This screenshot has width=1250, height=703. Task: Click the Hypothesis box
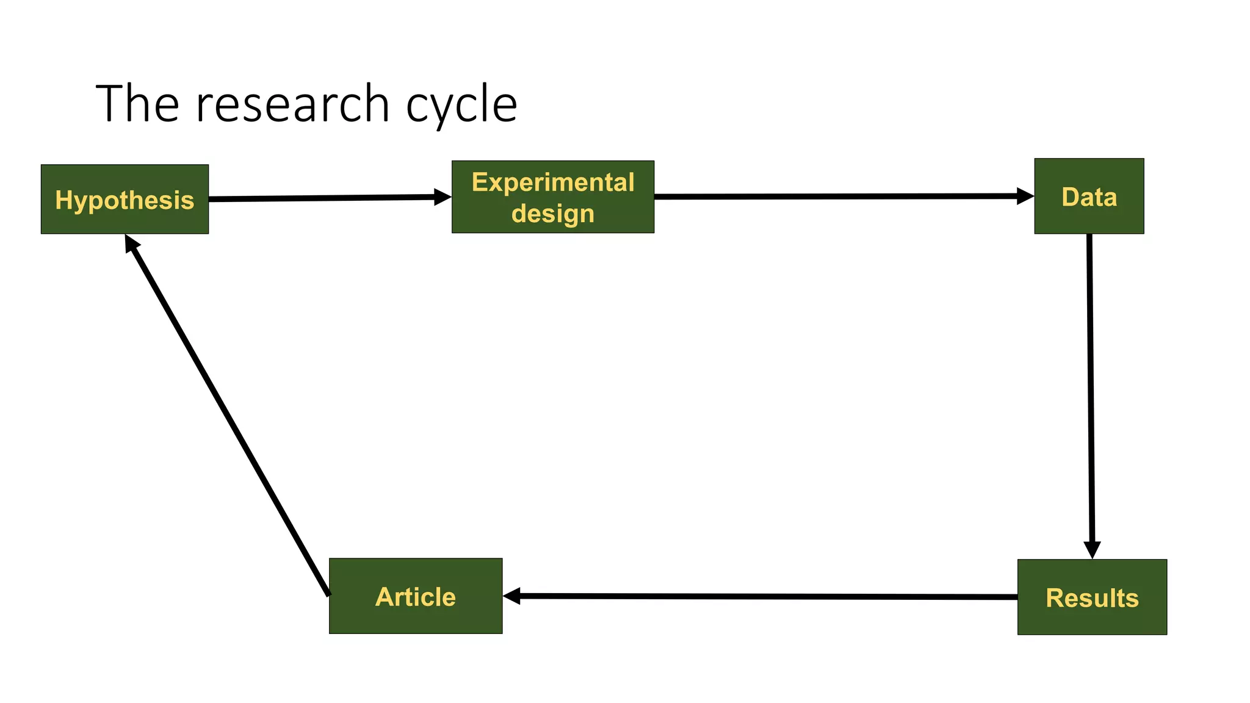pyautogui.click(x=125, y=199)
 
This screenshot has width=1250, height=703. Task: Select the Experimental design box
pyautogui.click(x=552, y=196)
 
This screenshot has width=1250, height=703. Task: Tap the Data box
pyautogui.click(x=1089, y=196)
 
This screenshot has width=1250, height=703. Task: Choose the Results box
pyautogui.click(x=1092, y=597)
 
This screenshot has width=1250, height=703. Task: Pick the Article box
pyautogui.click(x=415, y=596)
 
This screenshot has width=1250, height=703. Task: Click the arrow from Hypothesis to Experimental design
pyautogui.click(x=323, y=198)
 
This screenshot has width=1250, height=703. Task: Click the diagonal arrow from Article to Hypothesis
pyautogui.click(x=227, y=415)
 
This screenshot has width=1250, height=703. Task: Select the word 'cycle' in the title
pyautogui.click(x=461, y=105)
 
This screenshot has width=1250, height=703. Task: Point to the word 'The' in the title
pyautogui.click(x=137, y=104)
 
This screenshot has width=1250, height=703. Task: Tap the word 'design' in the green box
pyautogui.click(x=552, y=214)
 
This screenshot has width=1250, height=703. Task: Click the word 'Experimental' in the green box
pyautogui.click(x=552, y=182)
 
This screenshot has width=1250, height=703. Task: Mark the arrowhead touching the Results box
pyautogui.click(x=1092, y=549)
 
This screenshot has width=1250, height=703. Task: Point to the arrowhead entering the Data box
pyautogui.click(x=1025, y=196)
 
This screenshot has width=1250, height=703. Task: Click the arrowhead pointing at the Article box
pyautogui.click(x=511, y=596)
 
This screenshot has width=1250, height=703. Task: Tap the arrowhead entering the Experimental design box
pyautogui.click(x=443, y=196)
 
